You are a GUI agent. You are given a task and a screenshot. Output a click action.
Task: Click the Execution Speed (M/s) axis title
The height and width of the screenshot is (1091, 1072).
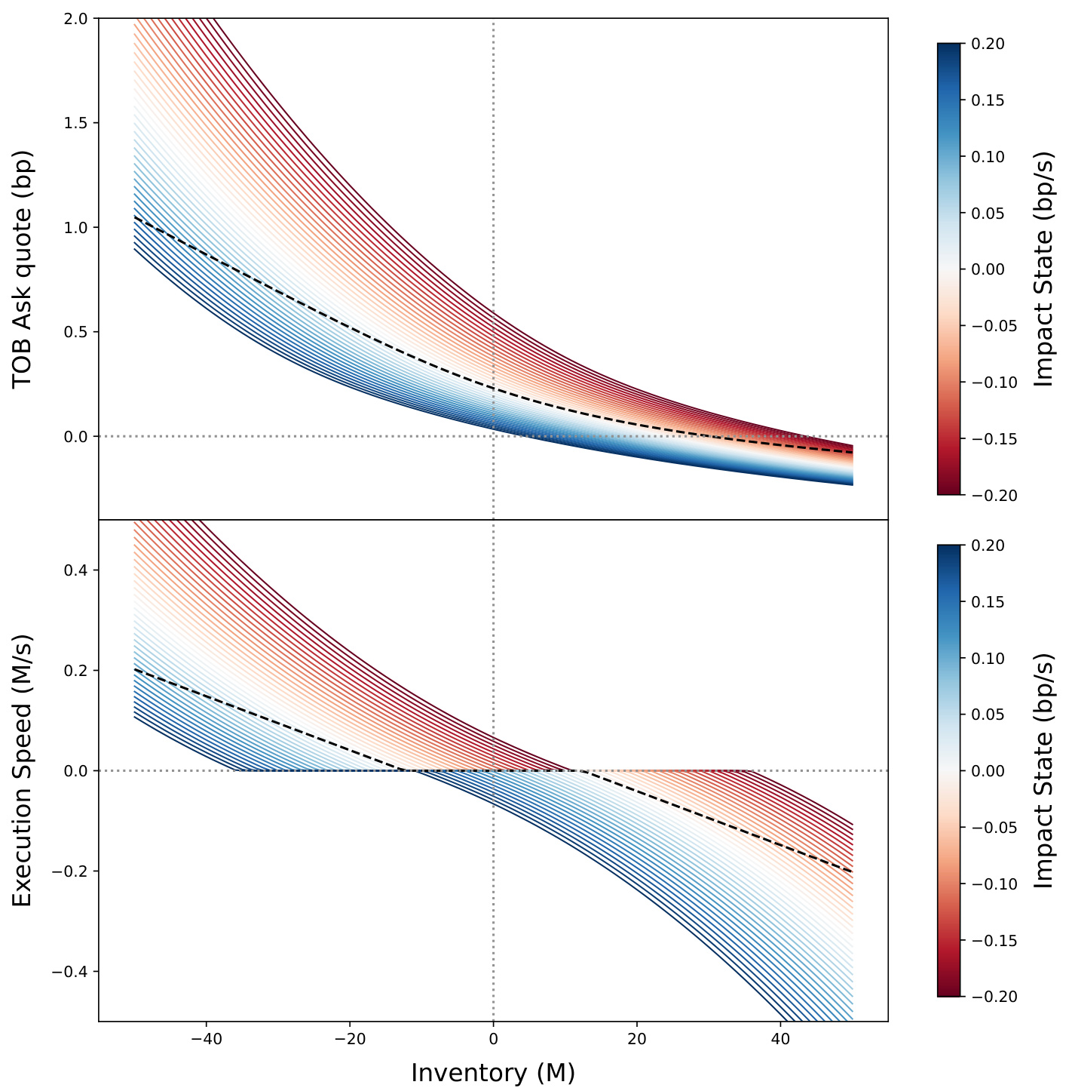(x=23, y=770)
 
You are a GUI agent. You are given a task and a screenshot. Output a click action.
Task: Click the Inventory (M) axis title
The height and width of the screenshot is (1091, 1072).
(x=493, y=1072)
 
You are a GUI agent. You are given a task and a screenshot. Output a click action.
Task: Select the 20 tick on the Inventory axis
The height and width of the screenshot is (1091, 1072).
(x=637, y=1039)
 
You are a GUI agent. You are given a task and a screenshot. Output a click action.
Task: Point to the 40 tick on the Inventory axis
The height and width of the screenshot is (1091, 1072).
(x=780, y=1039)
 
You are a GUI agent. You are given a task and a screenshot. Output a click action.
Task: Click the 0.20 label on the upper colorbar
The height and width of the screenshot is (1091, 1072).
(x=988, y=44)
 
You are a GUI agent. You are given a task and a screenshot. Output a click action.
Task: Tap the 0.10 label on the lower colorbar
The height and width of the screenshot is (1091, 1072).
(x=988, y=658)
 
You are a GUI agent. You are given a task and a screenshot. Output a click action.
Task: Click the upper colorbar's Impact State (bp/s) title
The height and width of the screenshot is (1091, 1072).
(x=1043, y=269)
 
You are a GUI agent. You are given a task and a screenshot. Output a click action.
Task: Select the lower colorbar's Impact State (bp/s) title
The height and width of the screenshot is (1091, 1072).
(x=1043, y=770)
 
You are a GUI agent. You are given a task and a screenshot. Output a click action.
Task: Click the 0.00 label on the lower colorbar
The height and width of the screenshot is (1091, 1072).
(x=988, y=770)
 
